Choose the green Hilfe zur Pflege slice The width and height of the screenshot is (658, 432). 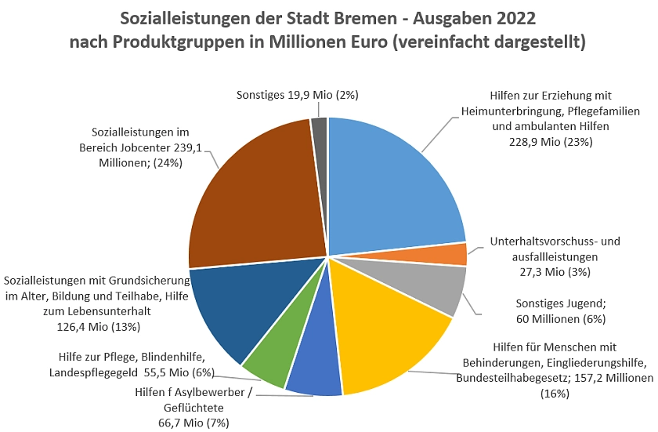[x=270, y=361]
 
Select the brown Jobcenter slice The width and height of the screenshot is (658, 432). [x=251, y=196]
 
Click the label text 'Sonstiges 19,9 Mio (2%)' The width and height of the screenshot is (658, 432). [x=297, y=95]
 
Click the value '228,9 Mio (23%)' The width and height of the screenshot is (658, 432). [x=545, y=141]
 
